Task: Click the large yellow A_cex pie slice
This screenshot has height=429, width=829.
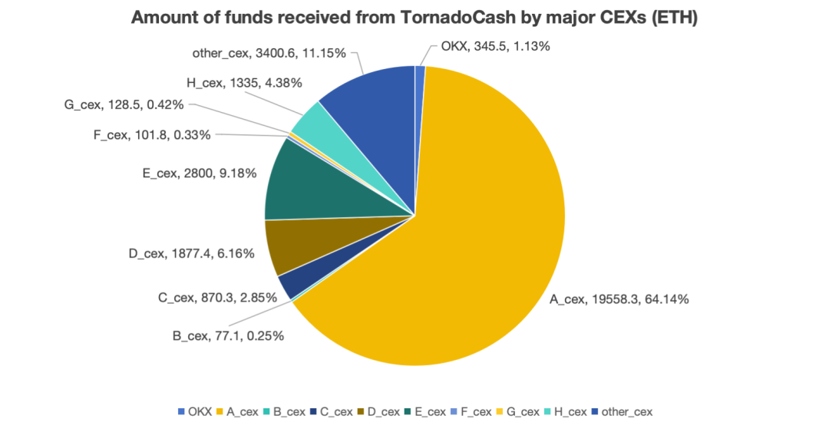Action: coord(476,253)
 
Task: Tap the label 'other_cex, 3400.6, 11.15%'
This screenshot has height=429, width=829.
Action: coord(269,53)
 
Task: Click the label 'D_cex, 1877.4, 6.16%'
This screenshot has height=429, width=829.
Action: coord(190,253)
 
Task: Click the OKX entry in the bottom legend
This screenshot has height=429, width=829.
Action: coord(195,412)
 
